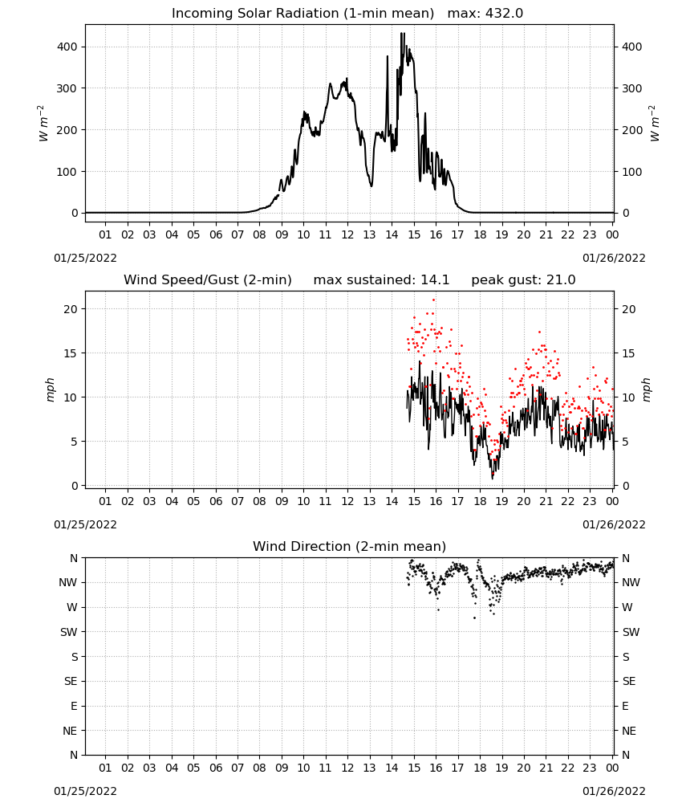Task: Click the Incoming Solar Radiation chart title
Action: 302,14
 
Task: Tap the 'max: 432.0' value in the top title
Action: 485,14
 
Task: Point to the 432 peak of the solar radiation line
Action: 402,33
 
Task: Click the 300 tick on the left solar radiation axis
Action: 67,88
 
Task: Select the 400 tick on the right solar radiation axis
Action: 632,47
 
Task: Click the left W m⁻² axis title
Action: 43,124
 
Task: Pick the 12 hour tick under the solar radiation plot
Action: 347,234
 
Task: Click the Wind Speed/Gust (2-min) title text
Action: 208,280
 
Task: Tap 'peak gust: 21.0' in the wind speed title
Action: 523,280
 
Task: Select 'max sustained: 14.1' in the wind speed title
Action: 381,280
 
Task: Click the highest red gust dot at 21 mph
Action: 433,300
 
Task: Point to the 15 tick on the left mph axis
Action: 71,353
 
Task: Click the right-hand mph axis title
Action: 646,389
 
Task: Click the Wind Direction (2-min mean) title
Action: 350,546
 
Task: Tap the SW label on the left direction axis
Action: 69,632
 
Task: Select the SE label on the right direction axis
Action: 629,681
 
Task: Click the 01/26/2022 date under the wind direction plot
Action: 614,791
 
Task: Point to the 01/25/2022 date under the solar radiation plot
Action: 85,258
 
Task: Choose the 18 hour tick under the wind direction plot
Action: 480,768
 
